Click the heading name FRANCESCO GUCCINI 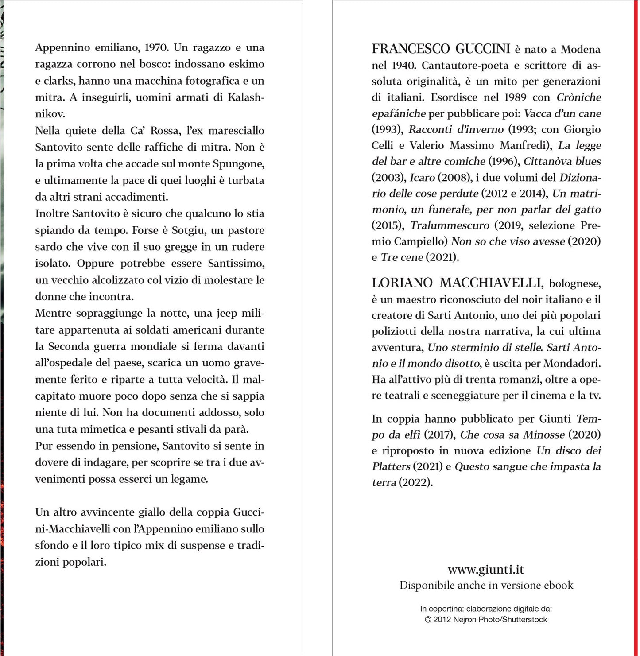[441, 49]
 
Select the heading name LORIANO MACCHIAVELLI [457, 283]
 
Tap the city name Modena [581, 49]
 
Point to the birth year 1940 [403, 66]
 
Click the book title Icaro [422, 178]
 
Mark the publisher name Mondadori [572, 364]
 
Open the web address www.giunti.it [486, 570]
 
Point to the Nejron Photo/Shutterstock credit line [486, 620]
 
